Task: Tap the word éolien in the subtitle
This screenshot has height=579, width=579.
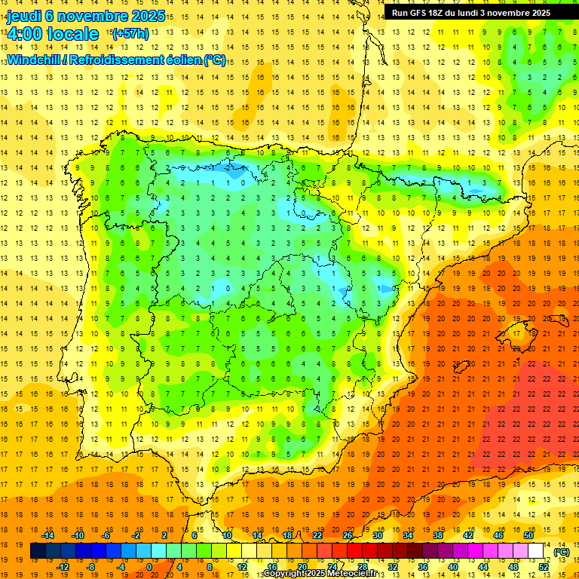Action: (183, 60)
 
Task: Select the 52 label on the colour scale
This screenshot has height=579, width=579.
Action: (544, 567)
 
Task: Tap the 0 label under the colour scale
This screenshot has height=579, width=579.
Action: (149, 567)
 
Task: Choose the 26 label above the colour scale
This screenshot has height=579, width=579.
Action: (348, 535)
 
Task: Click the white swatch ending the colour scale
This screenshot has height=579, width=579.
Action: (536, 551)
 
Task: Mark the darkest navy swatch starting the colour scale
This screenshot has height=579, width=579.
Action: (38, 551)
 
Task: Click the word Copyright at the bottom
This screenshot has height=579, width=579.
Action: (284, 574)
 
